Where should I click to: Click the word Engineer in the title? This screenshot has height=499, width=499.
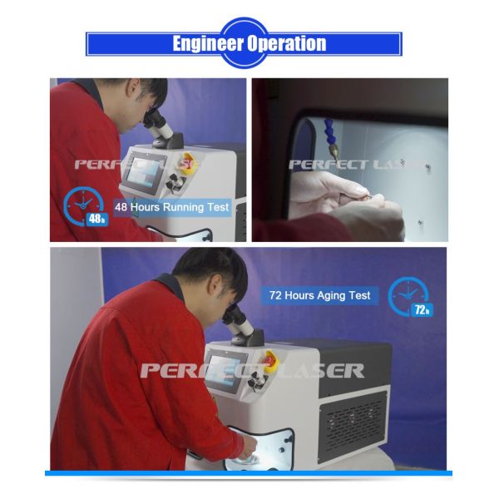(x=209, y=43)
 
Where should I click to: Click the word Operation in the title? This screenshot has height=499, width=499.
(x=287, y=43)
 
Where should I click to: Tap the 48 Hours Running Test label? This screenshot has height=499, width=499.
(x=172, y=207)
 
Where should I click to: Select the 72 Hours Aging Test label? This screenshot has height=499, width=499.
(x=319, y=295)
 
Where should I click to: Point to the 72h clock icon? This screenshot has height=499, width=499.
(x=411, y=297)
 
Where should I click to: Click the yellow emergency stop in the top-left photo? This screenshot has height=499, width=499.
(x=186, y=163)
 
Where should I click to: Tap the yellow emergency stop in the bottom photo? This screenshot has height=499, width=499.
(x=270, y=361)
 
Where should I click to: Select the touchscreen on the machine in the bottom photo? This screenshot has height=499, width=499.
(x=224, y=372)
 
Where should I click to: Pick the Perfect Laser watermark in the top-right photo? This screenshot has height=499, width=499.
(x=358, y=165)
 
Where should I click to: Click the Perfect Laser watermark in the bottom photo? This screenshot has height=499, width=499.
(x=252, y=370)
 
